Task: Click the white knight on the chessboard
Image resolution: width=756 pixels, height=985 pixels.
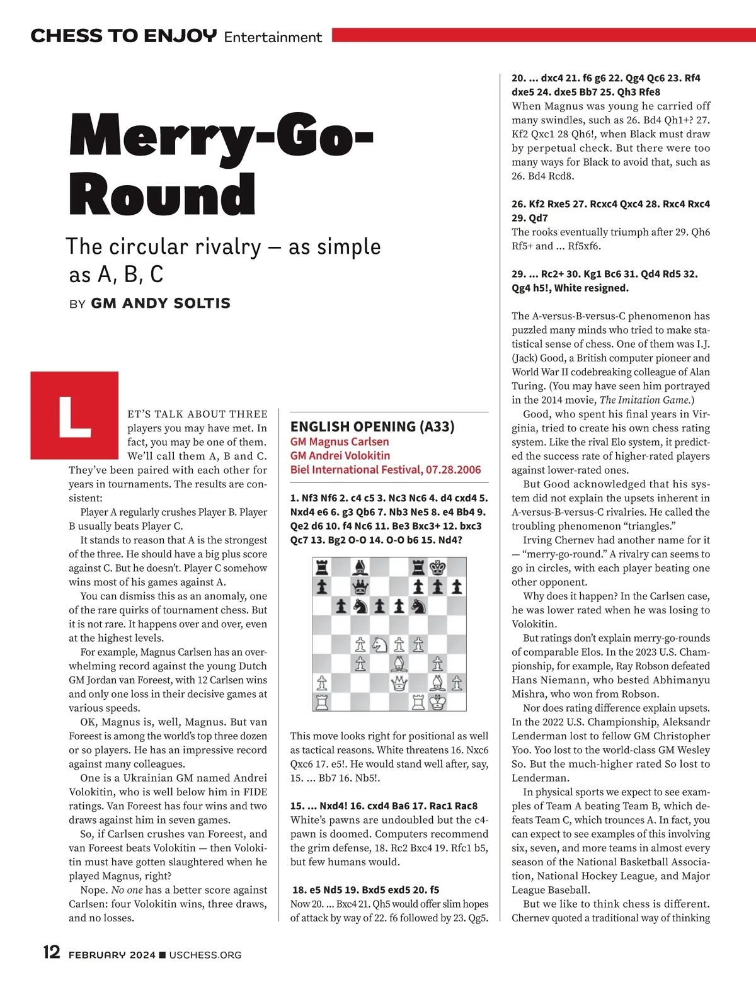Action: coord(379,644)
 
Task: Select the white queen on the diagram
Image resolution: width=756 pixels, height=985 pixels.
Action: coord(399,683)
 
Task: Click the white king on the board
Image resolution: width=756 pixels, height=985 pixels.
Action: coord(437,702)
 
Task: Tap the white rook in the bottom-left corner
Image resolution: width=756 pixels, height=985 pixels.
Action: coord(322,702)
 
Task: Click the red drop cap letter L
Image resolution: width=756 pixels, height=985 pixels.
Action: coord(74,416)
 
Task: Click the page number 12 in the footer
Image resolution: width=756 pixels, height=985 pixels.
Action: coord(52,952)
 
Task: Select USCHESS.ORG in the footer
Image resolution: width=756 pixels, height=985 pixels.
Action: coord(205,955)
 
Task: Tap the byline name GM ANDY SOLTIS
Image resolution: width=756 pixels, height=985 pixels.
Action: coord(161,304)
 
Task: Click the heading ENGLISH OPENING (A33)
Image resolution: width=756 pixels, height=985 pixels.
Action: coord(372,426)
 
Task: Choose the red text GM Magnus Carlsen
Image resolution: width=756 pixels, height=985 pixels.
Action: coord(340,441)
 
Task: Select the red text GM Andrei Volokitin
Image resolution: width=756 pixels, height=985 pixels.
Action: coord(340,455)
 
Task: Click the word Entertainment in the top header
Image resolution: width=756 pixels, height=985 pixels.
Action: coord(273,37)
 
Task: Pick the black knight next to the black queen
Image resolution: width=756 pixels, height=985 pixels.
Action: coord(360,606)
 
